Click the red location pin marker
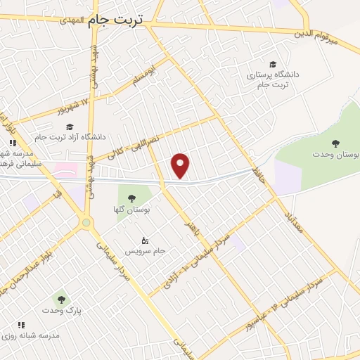click(181, 165)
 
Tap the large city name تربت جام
click(115, 21)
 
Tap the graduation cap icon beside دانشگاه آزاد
click(70, 127)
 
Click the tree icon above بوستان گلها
click(130, 198)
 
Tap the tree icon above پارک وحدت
click(60, 300)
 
